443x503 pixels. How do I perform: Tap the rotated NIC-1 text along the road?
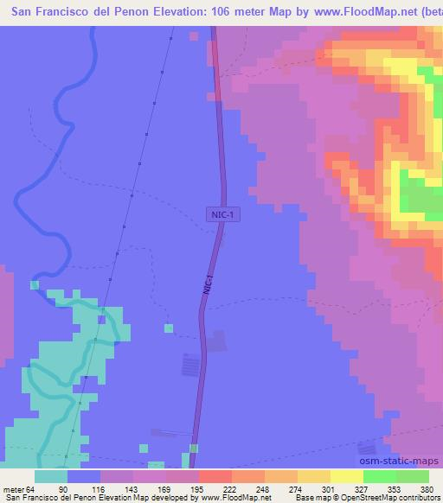coord(208,286)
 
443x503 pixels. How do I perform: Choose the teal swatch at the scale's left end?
coord(51,476)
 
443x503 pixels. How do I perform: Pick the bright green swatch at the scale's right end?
coord(412,476)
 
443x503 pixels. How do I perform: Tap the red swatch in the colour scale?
coord(215,476)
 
